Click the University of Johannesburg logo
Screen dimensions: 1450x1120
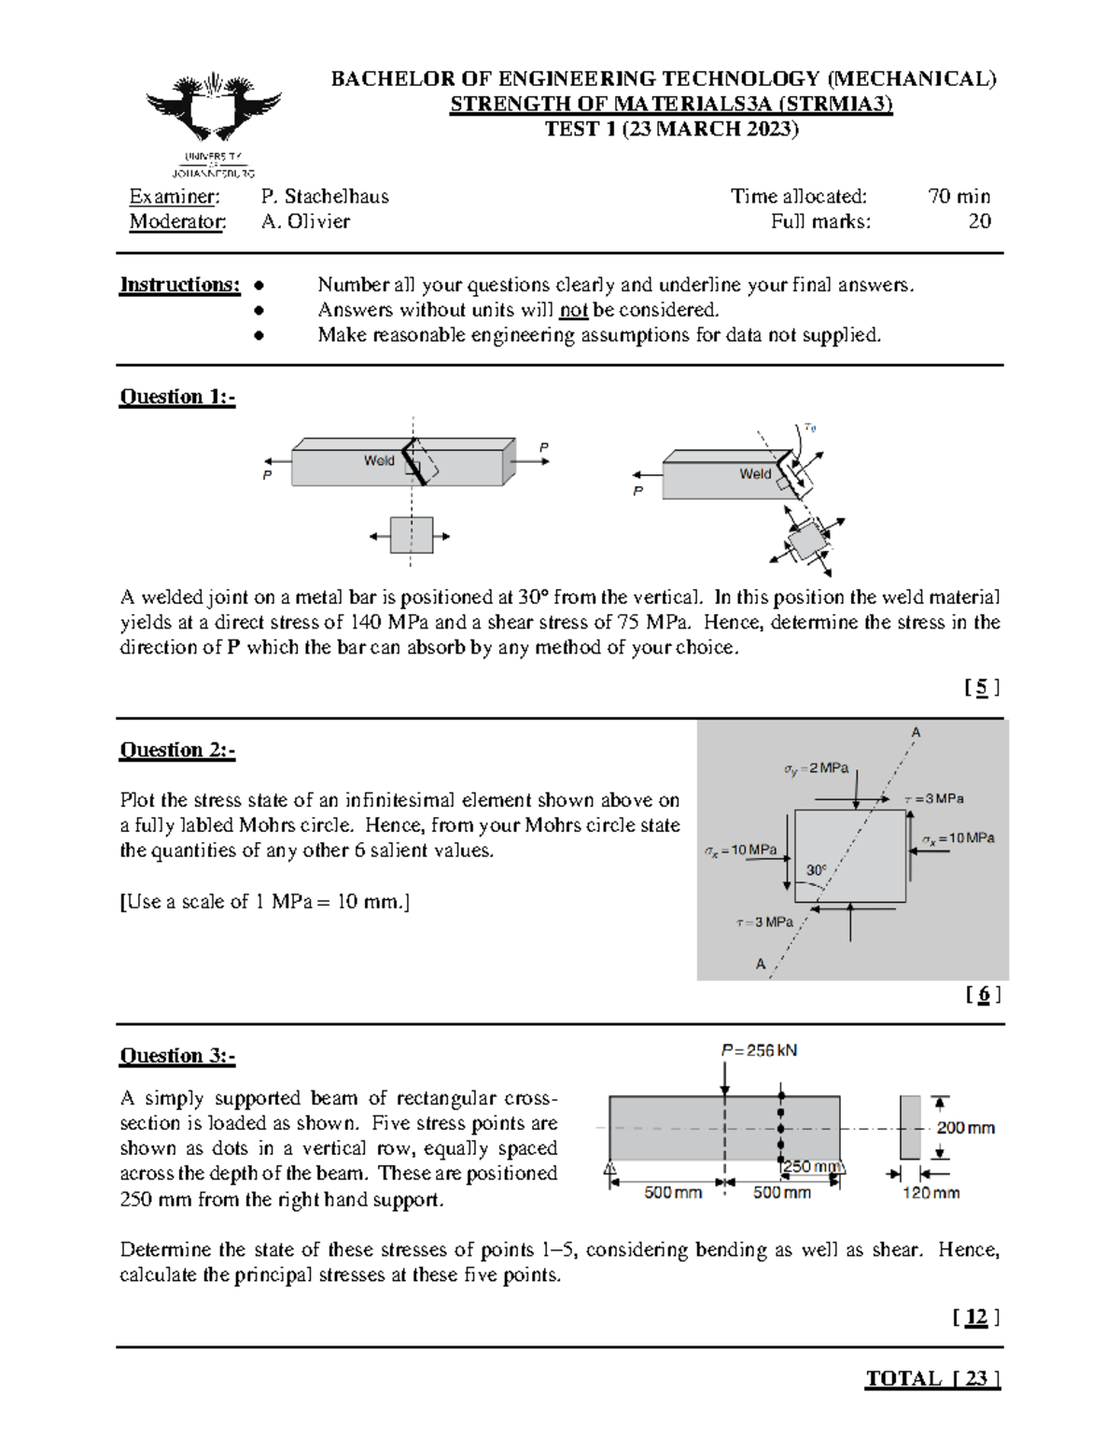[214, 121]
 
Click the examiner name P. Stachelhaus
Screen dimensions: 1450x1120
[325, 196]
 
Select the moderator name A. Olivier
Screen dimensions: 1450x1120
[305, 221]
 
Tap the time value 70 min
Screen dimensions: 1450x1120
[959, 196]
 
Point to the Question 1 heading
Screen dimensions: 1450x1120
[177, 397]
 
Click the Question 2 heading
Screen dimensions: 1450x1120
[177, 750]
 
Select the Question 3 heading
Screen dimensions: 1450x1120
[177, 1056]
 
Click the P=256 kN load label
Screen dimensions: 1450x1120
[759, 1050]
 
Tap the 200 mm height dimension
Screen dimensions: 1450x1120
[965, 1128]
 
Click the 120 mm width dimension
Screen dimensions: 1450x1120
[931, 1192]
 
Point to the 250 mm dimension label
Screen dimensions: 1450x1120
[811, 1166]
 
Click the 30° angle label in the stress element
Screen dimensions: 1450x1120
[816, 870]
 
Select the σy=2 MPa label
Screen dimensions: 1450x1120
[816, 768]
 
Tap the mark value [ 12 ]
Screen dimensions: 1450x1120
[976, 1317]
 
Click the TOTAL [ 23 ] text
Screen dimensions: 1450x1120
[932, 1379]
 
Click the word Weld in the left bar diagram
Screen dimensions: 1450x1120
[379, 460]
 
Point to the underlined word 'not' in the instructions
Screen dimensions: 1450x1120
[573, 310]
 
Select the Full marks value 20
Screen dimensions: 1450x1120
[979, 221]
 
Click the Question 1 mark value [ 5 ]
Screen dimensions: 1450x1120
[982, 688]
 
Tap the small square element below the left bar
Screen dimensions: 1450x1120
[411, 536]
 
